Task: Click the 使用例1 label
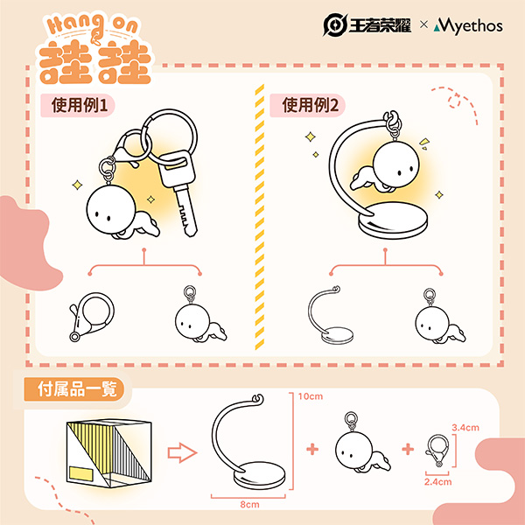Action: (x=80, y=105)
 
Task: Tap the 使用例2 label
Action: (x=311, y=105)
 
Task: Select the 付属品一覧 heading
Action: (x=77, y=389)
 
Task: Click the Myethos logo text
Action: (x=468, y=26)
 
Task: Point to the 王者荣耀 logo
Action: (x=367, y=25)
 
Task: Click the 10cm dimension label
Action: (x=311, y=396)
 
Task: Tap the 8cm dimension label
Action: (x=249, y=505)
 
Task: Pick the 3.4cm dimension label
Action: (x=465, y=428)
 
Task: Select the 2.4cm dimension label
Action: (x=438, y=482)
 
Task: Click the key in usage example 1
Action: (x=178, y=192)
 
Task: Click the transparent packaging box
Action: (x=108, y=453)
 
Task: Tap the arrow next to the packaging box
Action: (x=182, y=452)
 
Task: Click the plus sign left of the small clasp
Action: (x=408, y=450)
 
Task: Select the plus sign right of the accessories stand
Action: (x=312, y=450)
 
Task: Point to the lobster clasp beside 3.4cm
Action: (x=437, y=451)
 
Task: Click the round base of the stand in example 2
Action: (x=393, y=220)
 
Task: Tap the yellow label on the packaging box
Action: (x=81, y=473)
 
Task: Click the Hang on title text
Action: (x=93, y=26)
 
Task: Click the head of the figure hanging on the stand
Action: (x=395, y=164)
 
